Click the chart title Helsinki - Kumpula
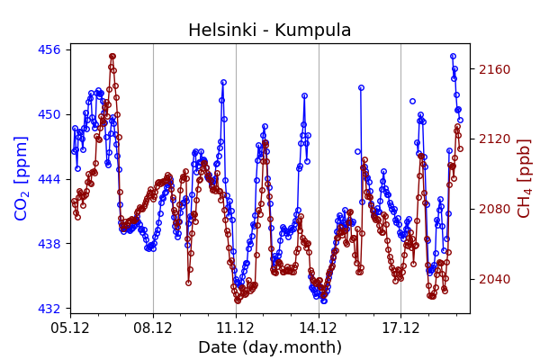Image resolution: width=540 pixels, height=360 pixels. pyautogui.click(x=269, y=30)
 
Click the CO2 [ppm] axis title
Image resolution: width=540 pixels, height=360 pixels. pyautogui.click(x=22, y=178)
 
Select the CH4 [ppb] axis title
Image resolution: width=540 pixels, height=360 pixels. pyautogui.click(x=525, y=178)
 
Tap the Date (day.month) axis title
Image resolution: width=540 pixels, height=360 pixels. pyautogui.click(x=270, y=347)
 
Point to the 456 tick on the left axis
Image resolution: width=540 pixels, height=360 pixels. pyautogui.click(x=49, y=49)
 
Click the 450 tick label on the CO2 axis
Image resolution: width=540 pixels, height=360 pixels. pyautogui.click(x=49, y=114)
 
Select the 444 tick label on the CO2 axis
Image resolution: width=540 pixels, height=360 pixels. pyautogui.click(x=49, y=179)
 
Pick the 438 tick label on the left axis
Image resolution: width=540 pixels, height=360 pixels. pyautogui.click(x=49, y=244)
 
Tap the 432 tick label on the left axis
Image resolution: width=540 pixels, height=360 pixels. pyautogui.click(x=49, y=309)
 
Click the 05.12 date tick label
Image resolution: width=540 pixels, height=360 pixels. pyautogui.click(x=70, y=327)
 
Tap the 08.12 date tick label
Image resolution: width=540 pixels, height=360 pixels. pyautogui.click(x=153, y=327)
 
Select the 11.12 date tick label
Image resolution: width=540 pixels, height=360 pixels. pyautogui.click(x=236, y=327)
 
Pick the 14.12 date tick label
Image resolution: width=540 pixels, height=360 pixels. pyautogui.click(x=319, y=327)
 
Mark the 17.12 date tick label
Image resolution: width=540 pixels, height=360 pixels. pyautogui.click(x=400, y=327)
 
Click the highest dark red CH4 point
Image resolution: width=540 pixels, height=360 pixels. pyautogui.click(x=112, y=56)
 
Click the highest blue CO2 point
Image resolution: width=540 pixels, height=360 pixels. pyautogui.click(x=453, y=56)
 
